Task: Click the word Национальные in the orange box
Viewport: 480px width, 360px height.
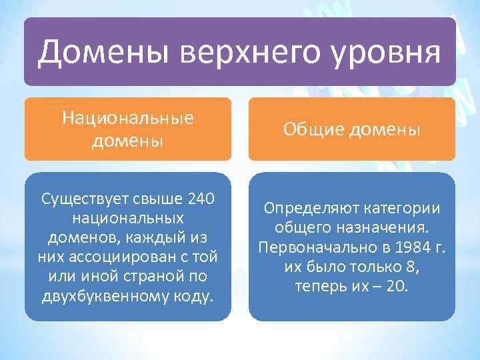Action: click(127, 118)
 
